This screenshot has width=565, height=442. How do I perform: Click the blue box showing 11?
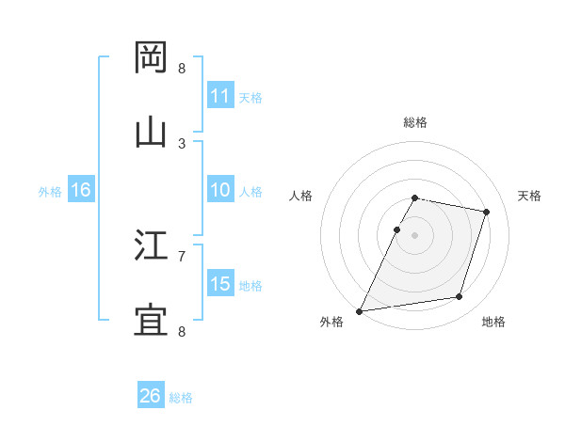tap(220, 96)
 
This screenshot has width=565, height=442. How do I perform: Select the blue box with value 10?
tap(220, 190)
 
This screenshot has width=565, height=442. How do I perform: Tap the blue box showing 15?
tap(220, 284)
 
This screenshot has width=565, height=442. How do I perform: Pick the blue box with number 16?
tap(81, 190)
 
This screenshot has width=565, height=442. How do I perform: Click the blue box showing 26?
tap(151, 396)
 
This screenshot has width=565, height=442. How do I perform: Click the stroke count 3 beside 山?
tap(182, 143)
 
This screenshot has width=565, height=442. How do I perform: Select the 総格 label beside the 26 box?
tap(181, 398)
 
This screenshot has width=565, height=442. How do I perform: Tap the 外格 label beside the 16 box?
tap(50, 191)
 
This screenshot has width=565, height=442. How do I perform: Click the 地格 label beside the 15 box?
tap(250, 285)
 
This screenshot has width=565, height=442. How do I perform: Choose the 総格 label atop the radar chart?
tap(415, 122)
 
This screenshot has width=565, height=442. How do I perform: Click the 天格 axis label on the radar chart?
tap(530, 196)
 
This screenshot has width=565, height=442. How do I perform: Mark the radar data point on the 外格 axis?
tap(360, 311)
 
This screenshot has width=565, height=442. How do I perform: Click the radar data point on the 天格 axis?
tap(487, 212)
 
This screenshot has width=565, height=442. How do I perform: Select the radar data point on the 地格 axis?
tap(460, 297)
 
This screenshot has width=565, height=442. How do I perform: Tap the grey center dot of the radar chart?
tap(415, 235)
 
